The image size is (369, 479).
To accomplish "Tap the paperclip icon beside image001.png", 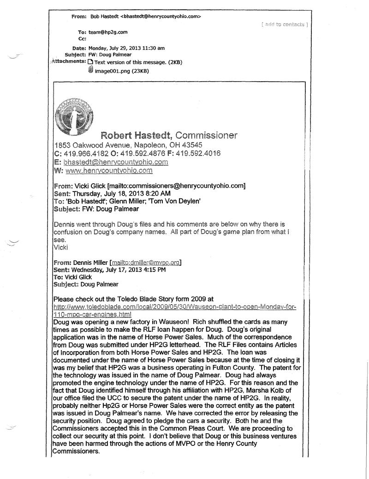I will point(90,70).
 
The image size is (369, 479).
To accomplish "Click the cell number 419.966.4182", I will point(83,153).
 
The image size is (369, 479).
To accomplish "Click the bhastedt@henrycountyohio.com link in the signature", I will point(115,162).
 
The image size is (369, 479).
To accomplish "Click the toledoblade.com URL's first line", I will point(175,307).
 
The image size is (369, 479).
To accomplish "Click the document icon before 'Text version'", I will point(90,62).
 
